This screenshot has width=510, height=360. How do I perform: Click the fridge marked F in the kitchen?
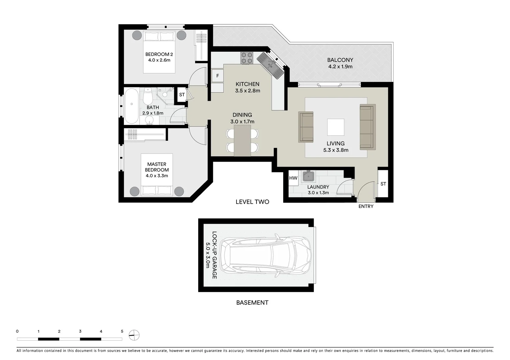pyautogui.click(x=217, y=76)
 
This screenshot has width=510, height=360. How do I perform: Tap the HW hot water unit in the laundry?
pyautogui.click(x=293, y=178)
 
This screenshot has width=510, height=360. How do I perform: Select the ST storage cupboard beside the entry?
pyautogui.click(x=383, y=184)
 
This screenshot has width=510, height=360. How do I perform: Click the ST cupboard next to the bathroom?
pyautogui.click(x=182, y=95)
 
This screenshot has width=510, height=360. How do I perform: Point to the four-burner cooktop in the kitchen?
pyautogui.click(x=247, y=58)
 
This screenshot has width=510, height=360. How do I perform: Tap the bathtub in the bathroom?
pyautogui.click(x=131, y=106)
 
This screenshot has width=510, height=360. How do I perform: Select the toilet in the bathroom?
pyautogui.click(x=147, y=97)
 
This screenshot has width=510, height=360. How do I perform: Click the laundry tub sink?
pyautogui.click(x=308, y=176)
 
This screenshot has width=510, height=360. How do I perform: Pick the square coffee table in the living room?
pyautogui.click(x=336, y=127)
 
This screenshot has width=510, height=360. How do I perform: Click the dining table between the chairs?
pyautogui.click(x=242, y=140)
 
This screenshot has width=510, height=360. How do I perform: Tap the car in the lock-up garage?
pyautogui.click(x=267, y=255)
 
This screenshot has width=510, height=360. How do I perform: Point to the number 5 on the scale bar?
pyautogui.click(x=122, y=331)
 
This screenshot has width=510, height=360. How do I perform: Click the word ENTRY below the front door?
pyautogui.click(x=366, y=206)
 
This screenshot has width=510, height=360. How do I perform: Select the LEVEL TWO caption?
pyautogui.click(x=252, y=202)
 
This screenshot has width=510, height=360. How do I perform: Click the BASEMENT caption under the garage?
pyautogui.click(x=252, y=303)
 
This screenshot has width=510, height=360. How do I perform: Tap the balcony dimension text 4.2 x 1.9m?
pyautogui.click(x=340, y=66)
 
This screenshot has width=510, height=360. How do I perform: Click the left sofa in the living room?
pyautogui.click(x=306, y=127)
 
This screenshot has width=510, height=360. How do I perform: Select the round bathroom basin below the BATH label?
pyautogui.click(x=150, y=120)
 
